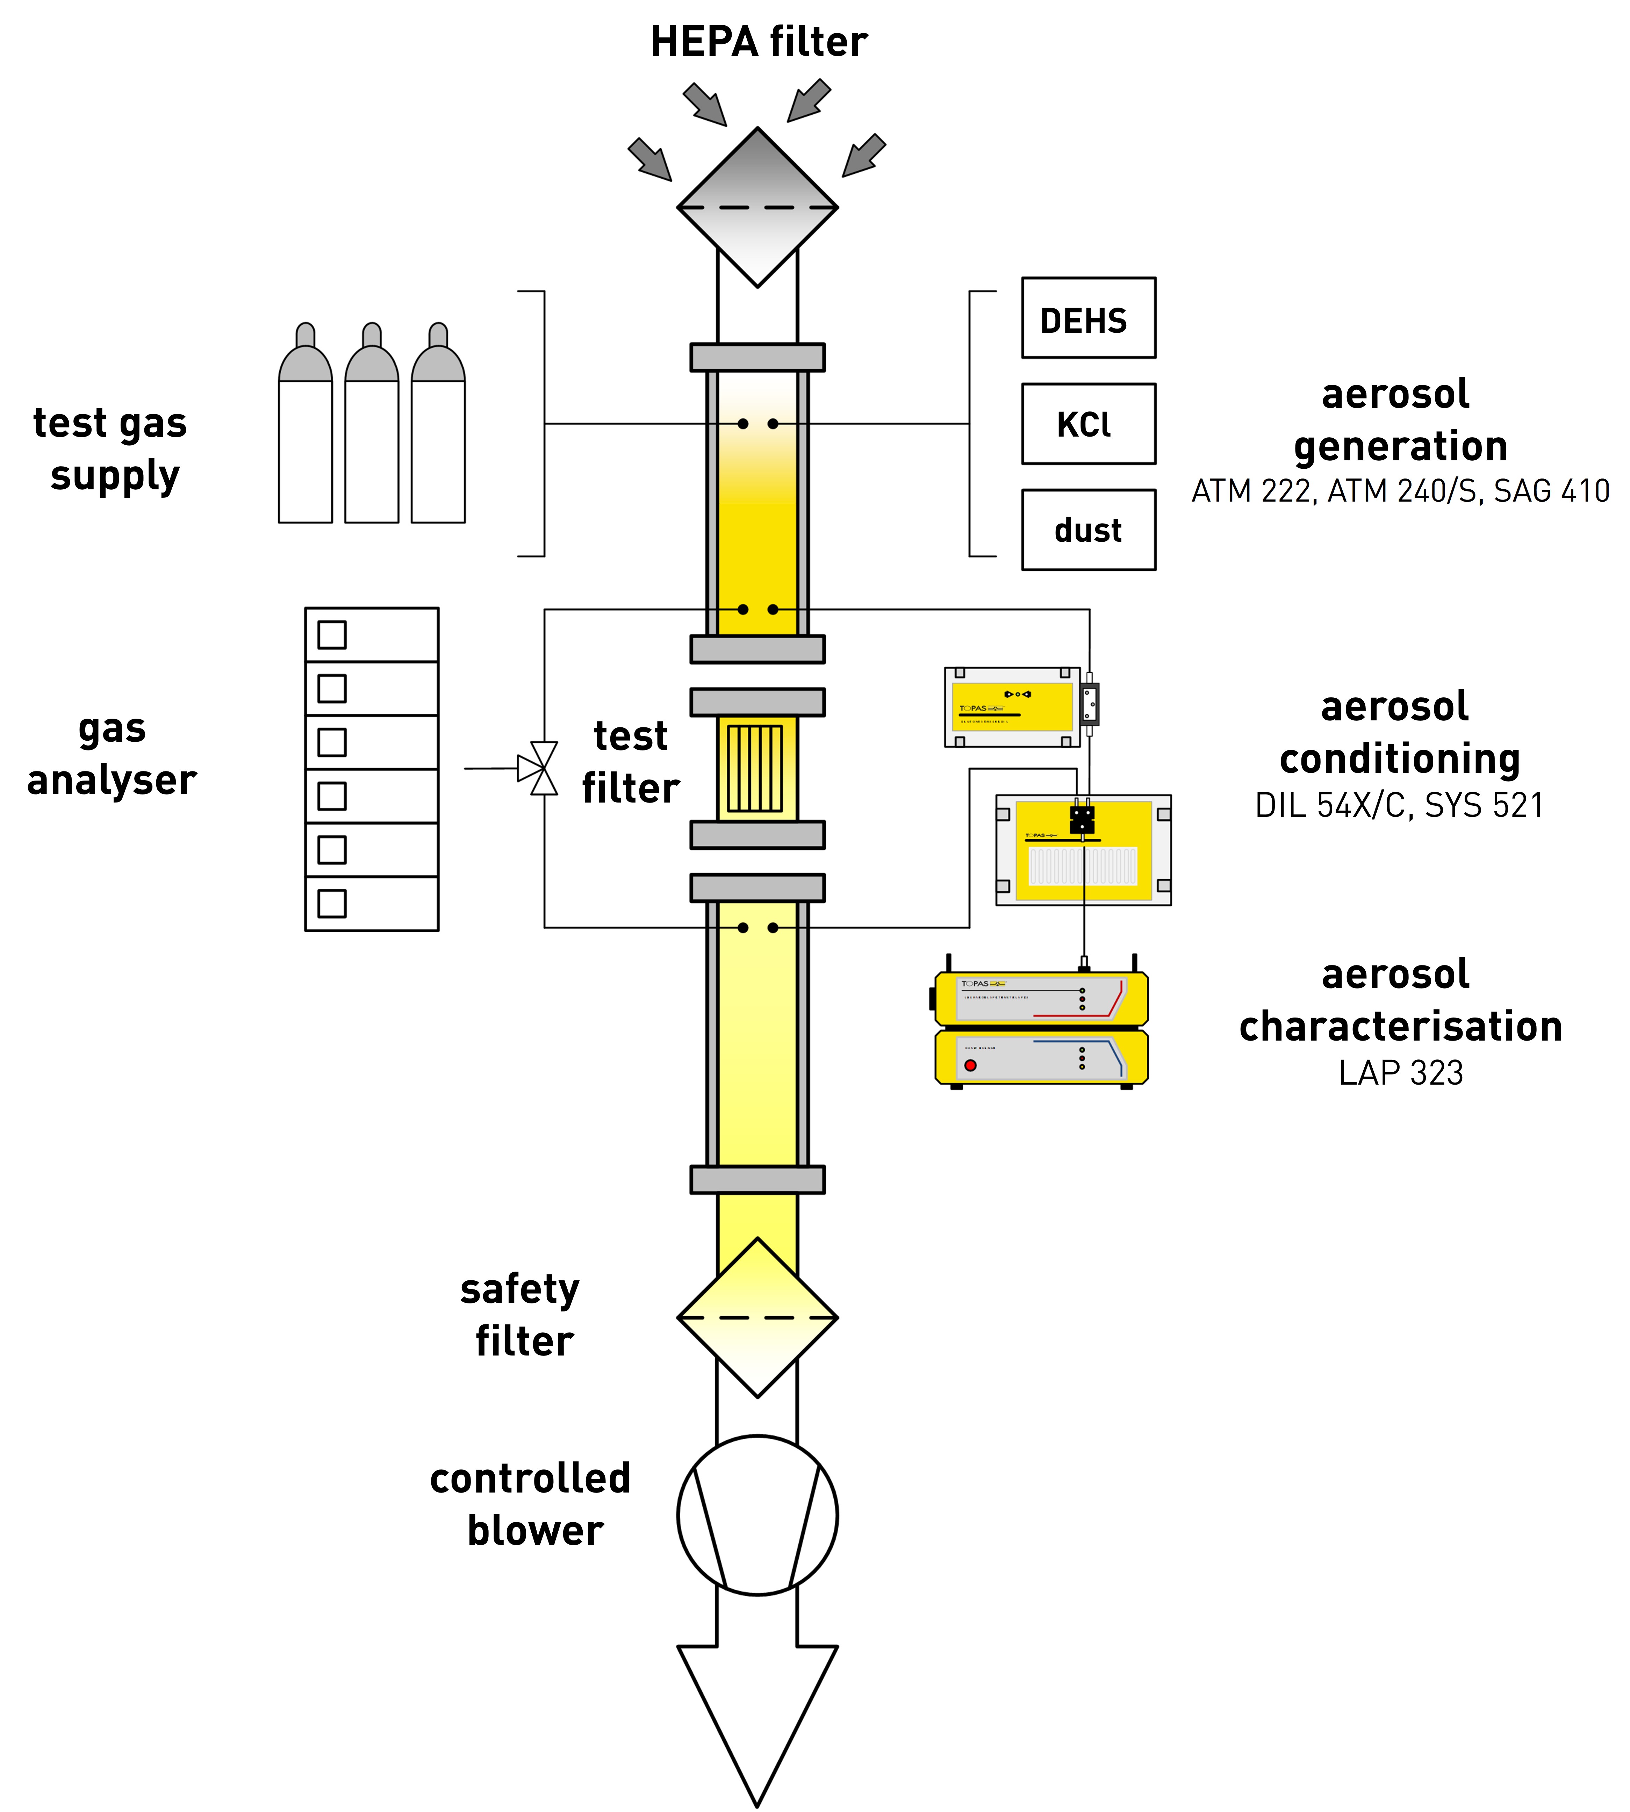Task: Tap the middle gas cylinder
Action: point(372,430)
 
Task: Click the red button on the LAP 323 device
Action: point(970,1065)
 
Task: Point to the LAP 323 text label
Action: point(1400,1072)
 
